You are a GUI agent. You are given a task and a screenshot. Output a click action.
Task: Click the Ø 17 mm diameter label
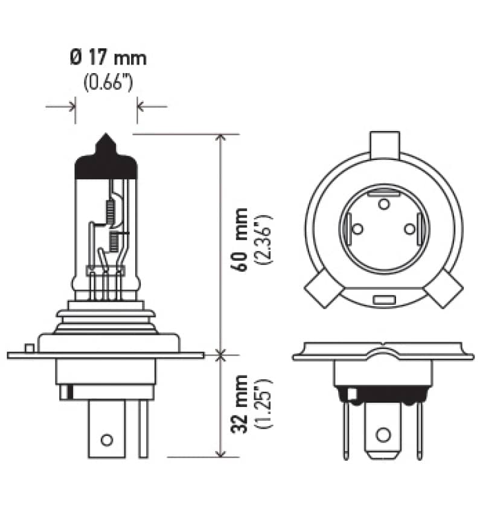tap(108, 59)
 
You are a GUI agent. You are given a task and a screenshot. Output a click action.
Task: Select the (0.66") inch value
tap(108, 82)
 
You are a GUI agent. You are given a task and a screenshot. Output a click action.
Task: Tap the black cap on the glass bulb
tap(105, 166)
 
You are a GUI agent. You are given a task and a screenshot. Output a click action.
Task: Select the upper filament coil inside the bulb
tap(110, 210)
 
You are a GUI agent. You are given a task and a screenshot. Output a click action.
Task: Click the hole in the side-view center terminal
tap(106, 439)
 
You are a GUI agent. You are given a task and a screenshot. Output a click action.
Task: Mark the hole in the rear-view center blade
tap(382, 435)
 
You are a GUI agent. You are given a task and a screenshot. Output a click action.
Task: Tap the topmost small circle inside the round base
tap(383, 204)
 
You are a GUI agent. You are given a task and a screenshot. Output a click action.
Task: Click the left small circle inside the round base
tap(357, 229)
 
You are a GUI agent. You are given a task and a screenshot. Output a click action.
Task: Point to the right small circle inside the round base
tap(410, 229)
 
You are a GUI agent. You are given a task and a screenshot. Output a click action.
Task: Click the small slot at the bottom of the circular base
tap(383, 300)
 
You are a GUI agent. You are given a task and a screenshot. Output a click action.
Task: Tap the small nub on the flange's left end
tap(28, 348)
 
